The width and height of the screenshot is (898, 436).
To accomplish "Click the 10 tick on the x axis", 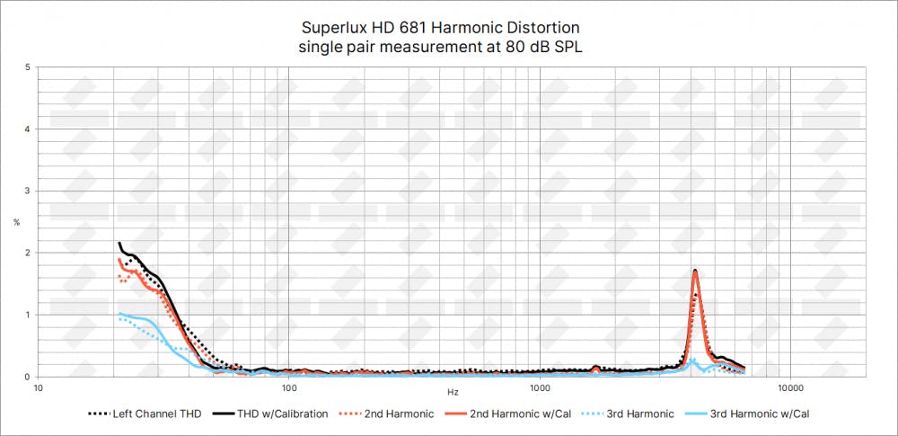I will tap(38, 388).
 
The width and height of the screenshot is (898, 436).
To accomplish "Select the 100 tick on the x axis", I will tap(289, 388).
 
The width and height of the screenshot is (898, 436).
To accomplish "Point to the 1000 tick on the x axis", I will tap(540, 388).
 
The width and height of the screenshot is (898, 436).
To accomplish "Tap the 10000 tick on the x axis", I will tap(790, 388).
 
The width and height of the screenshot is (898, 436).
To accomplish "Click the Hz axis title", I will tap(453, 393).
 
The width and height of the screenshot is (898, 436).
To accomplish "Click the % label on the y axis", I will tap(16, 222).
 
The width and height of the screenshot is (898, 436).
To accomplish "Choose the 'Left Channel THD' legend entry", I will tap(150, 414).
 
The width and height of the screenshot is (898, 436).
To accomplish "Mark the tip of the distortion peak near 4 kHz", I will tap(695, 270).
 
